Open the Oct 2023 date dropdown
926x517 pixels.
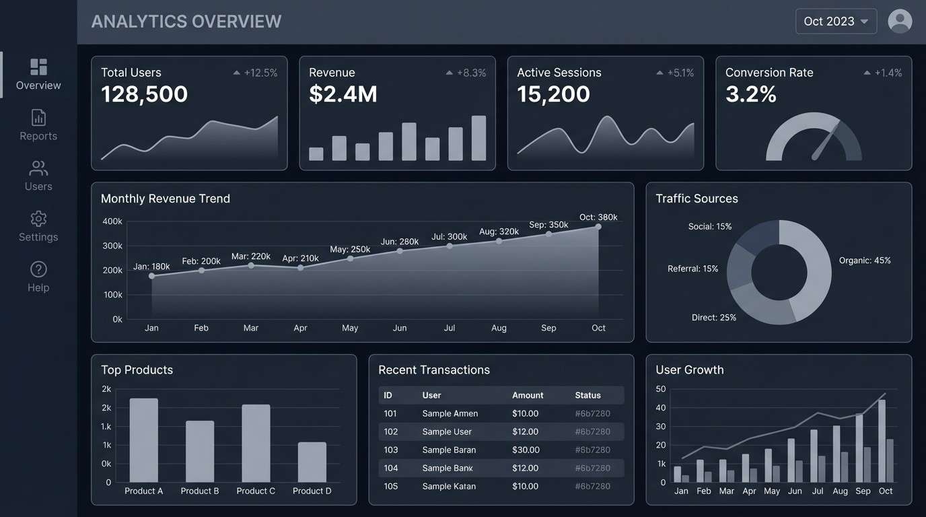coord(836,22)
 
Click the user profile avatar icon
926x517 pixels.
coord(900,22)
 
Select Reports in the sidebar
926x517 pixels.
coord(38,125)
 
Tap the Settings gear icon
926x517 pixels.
coord(38,219)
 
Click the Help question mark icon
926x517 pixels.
coord(38,269)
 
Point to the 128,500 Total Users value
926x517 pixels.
coord(144,94)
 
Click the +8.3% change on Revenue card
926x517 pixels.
coord(471,73)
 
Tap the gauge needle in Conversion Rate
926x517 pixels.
coord(826,141)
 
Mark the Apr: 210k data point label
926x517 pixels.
coord(300,258)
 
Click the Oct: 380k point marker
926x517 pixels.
coord(598,227)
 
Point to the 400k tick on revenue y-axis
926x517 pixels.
coord(112,221)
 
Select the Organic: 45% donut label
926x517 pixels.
coord(865,261)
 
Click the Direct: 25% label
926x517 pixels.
coord(714,317)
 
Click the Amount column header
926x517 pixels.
coord(528,395)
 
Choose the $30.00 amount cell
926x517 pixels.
coord(526,450)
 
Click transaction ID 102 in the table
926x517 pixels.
coord(391,432)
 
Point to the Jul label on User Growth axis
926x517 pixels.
coord(818,491)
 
